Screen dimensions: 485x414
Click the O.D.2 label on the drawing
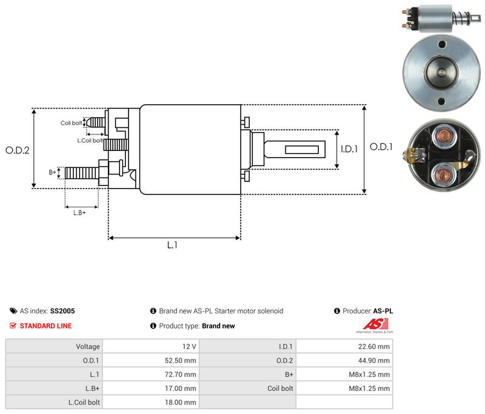18,150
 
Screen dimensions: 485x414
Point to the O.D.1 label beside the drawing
381,147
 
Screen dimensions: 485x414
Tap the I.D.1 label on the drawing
349,149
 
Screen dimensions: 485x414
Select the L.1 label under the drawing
172,245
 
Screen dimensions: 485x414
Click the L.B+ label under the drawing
79,213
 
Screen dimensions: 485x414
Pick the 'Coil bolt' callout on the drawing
71,123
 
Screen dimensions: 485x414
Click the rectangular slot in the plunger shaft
301,150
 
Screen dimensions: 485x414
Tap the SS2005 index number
62,311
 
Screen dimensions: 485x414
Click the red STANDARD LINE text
46,326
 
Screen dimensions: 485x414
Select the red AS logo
376,324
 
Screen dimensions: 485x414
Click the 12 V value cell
151,347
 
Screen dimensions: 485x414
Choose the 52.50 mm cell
151,361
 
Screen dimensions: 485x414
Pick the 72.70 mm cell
151,375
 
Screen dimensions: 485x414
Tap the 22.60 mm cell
344,347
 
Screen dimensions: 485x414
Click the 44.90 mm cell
344,361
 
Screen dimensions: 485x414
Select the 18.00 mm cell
151,402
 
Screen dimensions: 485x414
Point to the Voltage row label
88,347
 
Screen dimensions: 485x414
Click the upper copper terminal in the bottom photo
444,135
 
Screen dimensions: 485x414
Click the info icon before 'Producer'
337,311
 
